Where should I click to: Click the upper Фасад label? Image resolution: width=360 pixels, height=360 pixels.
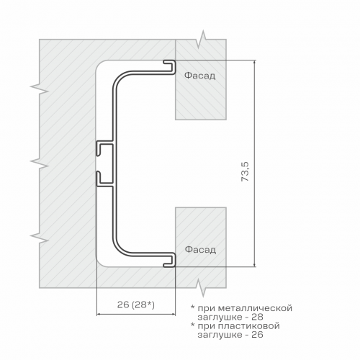point(199,76)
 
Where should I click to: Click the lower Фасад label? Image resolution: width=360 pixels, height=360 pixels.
point(200,250)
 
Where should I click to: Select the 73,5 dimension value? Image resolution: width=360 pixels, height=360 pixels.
point(246,171)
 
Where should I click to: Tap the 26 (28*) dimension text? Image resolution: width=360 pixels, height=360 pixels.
point(136,305)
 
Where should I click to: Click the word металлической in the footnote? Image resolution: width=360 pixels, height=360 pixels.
point(256,308)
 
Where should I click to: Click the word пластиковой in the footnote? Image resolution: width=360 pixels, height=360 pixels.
point(249,326)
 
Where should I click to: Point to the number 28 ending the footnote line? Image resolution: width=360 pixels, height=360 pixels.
point(257,317)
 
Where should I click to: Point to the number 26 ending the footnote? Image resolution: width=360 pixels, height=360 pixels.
point(257,335)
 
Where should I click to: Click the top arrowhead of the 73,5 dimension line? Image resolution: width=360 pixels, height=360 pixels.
point(254,63)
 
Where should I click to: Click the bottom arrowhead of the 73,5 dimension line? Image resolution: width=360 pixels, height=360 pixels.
point(254,264)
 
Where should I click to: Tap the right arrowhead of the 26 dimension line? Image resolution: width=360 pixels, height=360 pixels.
point(173,314)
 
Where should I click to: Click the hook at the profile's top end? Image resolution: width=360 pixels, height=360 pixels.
point(170,67)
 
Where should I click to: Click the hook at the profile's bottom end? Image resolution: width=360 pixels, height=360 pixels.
point(170,260)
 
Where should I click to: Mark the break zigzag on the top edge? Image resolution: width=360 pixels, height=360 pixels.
point(201,40)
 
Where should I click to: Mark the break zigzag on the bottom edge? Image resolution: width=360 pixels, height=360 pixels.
point(201,287)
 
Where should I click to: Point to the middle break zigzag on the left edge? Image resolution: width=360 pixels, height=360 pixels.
point(40,163)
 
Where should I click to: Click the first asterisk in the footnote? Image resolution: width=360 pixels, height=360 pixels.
point(192,307)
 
